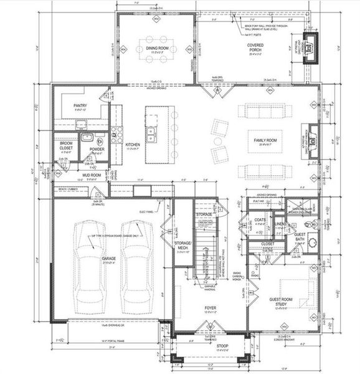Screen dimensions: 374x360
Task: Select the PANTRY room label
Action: [x=79, y=107]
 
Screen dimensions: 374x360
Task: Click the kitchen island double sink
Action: [x=151, y=132]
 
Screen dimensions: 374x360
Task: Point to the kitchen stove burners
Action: [x=115, y=133]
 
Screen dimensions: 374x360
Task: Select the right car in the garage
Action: [x=137, y=266]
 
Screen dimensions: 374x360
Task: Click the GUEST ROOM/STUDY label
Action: [x=283, y=302]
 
